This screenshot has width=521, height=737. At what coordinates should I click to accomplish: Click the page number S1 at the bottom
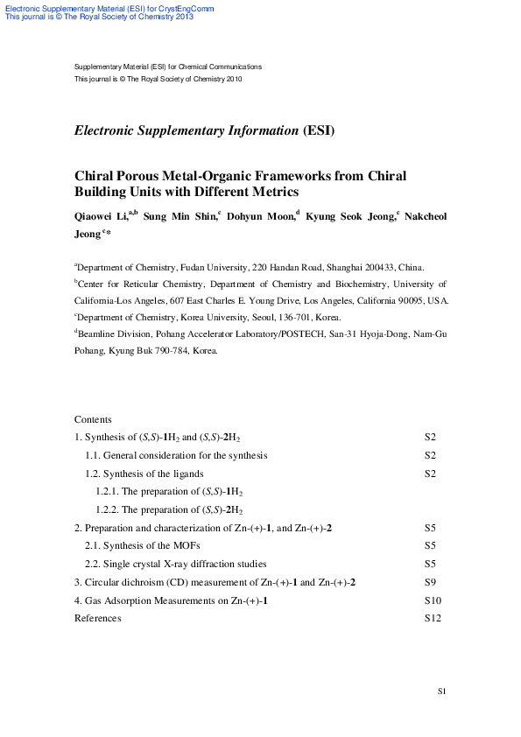pyautogui.click(x=442, y=692)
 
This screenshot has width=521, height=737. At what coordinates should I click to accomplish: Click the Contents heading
pyautogui.click(x=93, y=419)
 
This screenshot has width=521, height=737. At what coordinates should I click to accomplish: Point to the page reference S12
pyautogui.click(x=433, y=618)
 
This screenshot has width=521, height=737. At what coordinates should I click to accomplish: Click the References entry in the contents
pyautogui.click(x=98, y=618)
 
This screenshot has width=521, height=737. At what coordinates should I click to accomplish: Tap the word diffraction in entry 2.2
pyautogui.click(x=218, y=564)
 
